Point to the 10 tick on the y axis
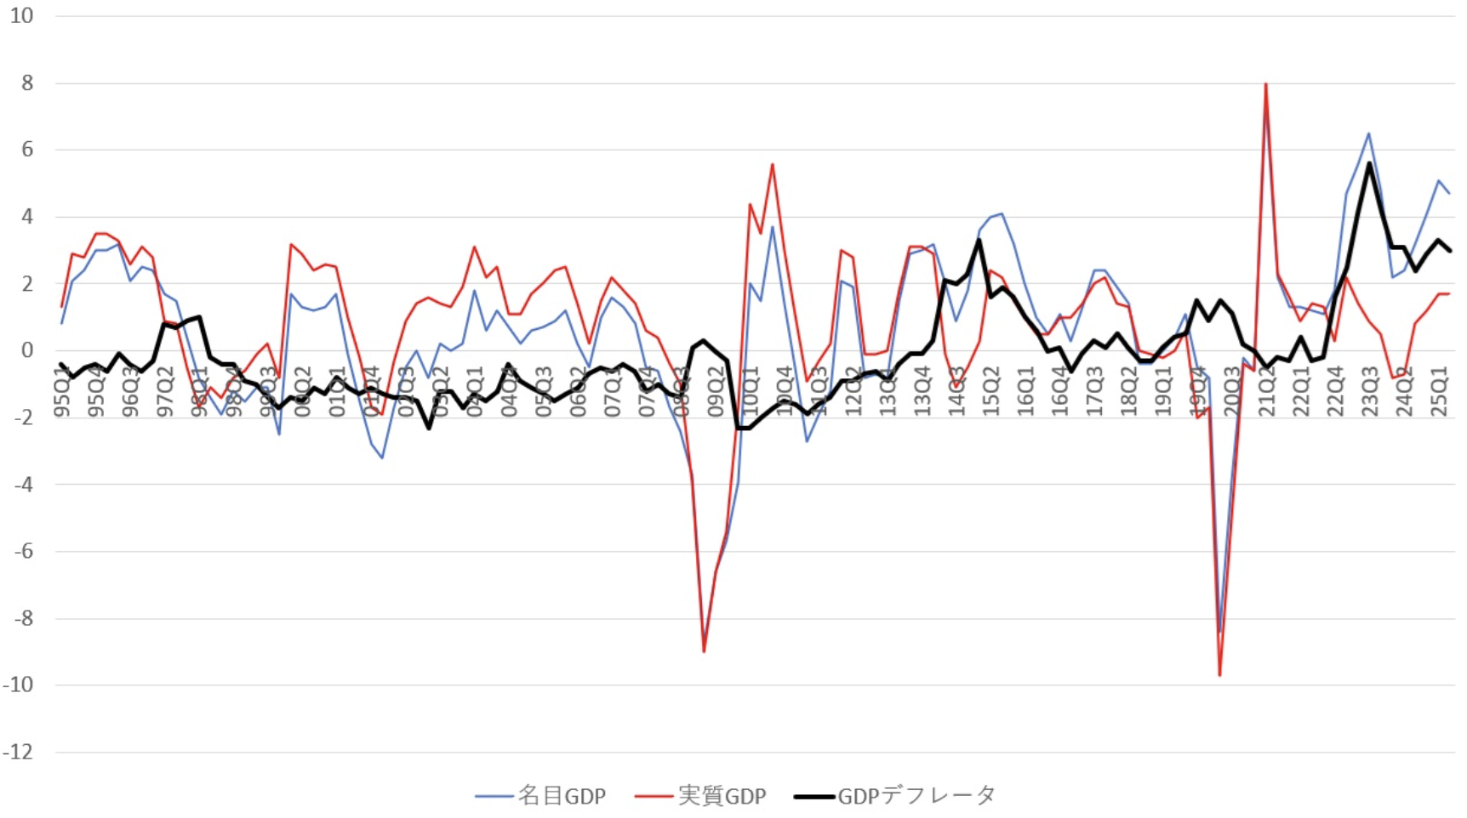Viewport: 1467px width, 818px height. click(x=22, y=16)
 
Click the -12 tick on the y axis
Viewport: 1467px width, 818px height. click(x=19, y=752)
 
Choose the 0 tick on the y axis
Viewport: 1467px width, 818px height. click(x=27, y=350)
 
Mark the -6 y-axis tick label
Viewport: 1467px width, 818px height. click(x=22, y=551)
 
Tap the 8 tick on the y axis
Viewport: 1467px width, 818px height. click(x=27, y=83)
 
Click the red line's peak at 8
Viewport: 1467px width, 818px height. click(x=1266, y=83)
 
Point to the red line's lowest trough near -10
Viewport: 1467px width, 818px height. click(x=1220, y=675)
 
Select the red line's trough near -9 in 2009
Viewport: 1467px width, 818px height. click(x=704, y=651)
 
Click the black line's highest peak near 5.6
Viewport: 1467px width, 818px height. click(x=1369, y=162)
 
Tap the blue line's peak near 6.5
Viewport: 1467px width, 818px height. click(x=1369, y=133)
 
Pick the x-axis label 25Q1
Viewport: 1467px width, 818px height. click(x=1438, y=392)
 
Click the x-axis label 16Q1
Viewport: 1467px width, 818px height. click(x=1025, y=392)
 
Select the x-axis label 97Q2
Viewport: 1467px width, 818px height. click(x=165, y=392)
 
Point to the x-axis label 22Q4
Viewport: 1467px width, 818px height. click(x=1335, y=392)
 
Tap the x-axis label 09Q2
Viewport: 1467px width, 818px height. click(x=716, y=392)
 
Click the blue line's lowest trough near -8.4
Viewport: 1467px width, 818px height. click(x=1219, y=632)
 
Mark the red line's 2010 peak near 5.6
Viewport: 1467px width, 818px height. click(x=773, y=164)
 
